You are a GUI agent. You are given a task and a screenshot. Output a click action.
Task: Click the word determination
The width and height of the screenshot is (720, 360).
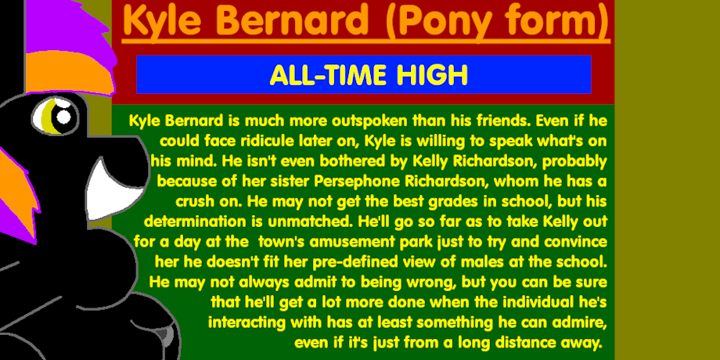(x=196, y=221)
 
